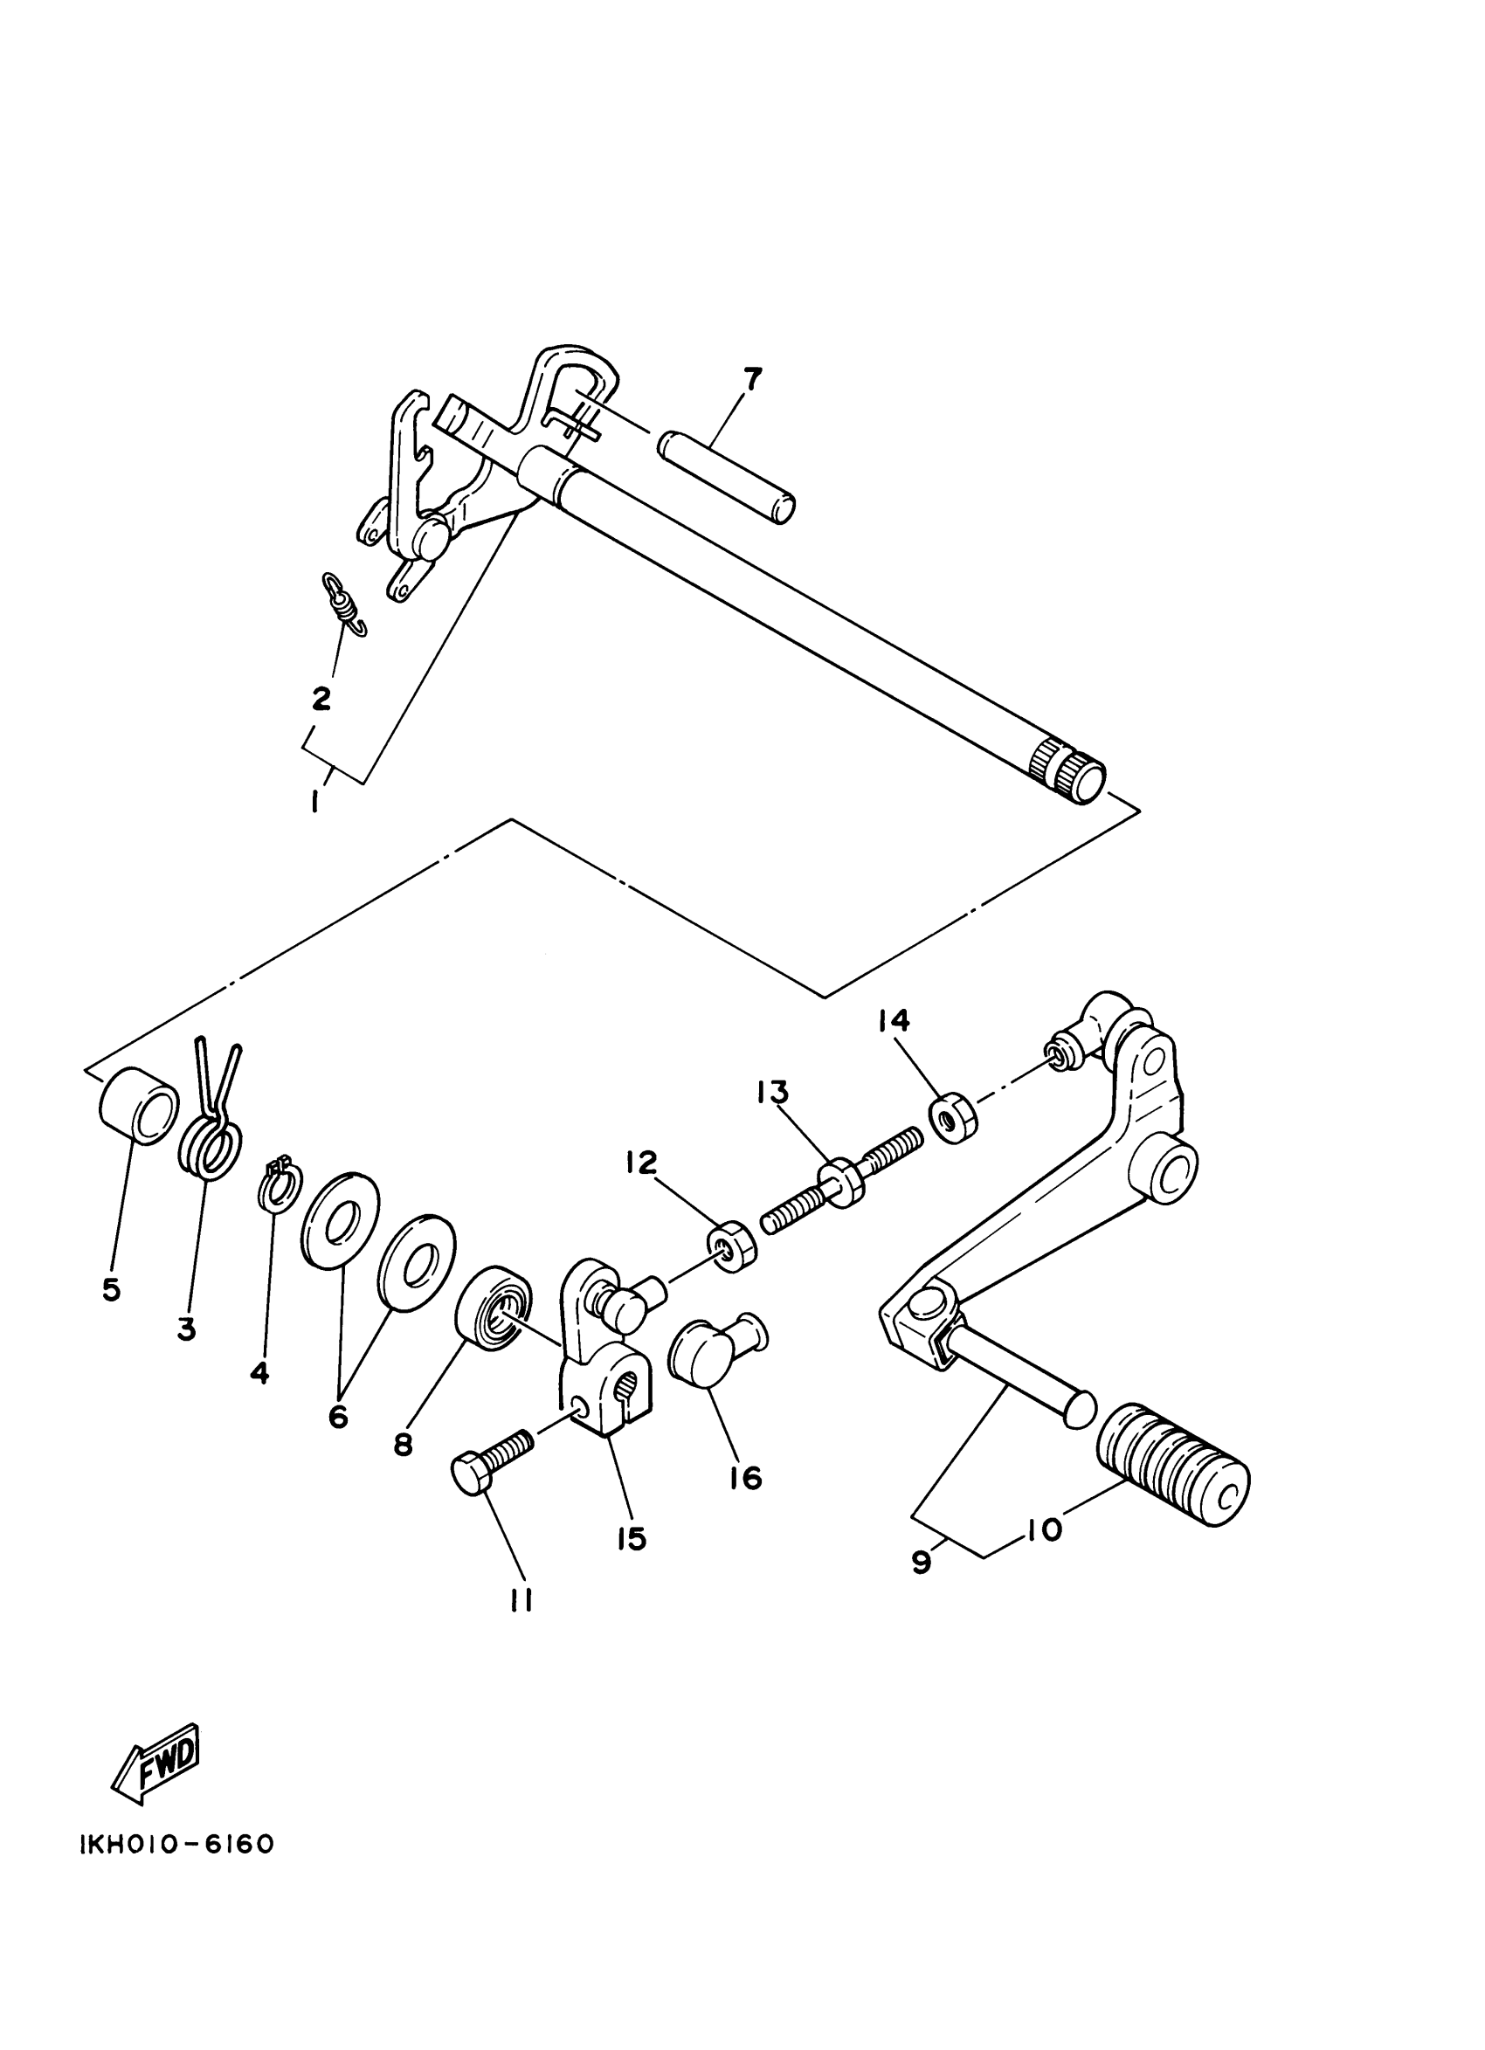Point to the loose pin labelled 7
coord(728,475)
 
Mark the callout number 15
coord(632,1537)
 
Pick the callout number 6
coord(338,1417)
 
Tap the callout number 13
coord(774,1092)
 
